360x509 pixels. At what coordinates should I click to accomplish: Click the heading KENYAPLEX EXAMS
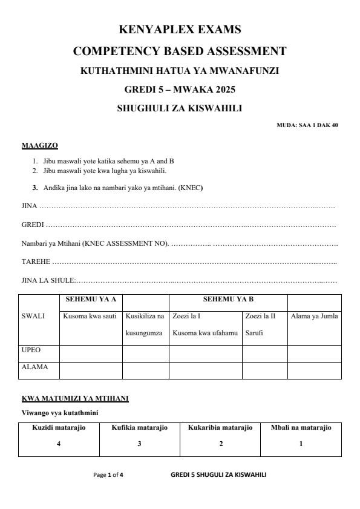tap(180, 29)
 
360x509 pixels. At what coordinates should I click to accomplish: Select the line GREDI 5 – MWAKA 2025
tap(180, 90)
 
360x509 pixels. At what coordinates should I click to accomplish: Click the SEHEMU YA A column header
tap(91, 299)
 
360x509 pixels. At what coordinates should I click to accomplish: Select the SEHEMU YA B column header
tap(228, 299)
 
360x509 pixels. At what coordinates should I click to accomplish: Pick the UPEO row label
tap(31, 350)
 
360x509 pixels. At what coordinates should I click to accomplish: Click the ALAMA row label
tap(34, 367)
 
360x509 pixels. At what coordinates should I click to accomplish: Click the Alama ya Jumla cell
tap(314, 316)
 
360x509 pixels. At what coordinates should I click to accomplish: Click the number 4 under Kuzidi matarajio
tap(59, 444)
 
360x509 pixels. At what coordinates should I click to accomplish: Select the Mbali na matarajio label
tap(301, 427)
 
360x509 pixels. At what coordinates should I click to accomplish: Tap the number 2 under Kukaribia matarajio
tap(220, 444)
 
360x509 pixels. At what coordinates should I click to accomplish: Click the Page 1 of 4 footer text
tap(108, 475)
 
